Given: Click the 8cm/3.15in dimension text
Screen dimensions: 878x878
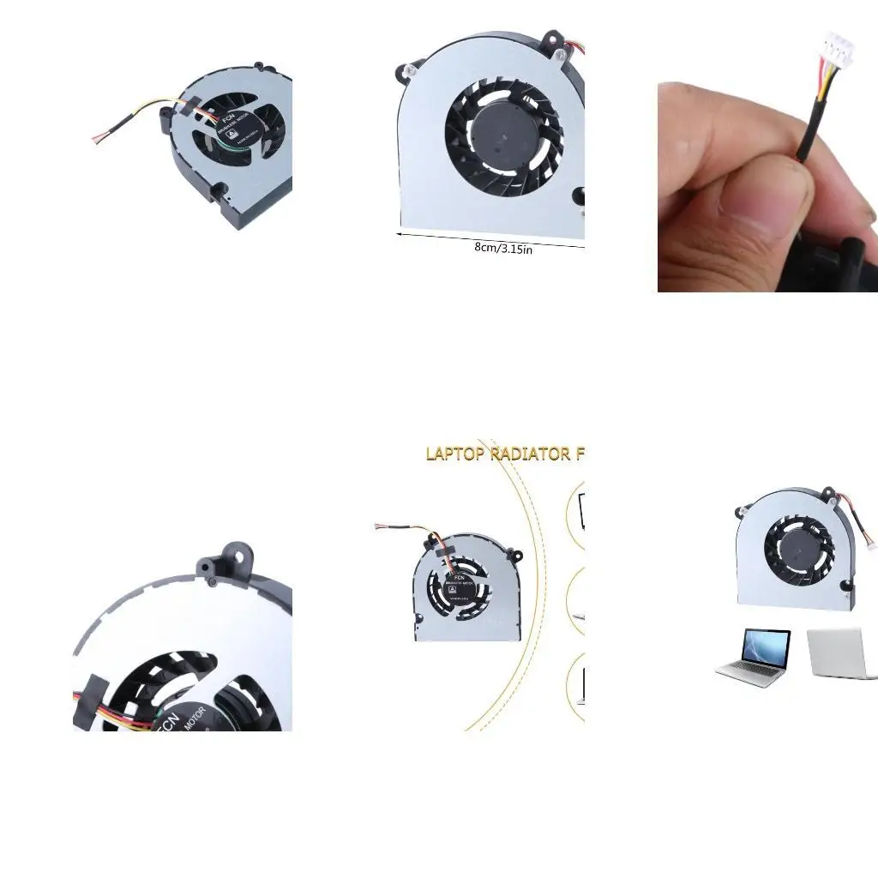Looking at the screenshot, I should tap(503, 249).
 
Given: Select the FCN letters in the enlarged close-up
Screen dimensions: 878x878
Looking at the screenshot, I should tap(167, 720).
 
